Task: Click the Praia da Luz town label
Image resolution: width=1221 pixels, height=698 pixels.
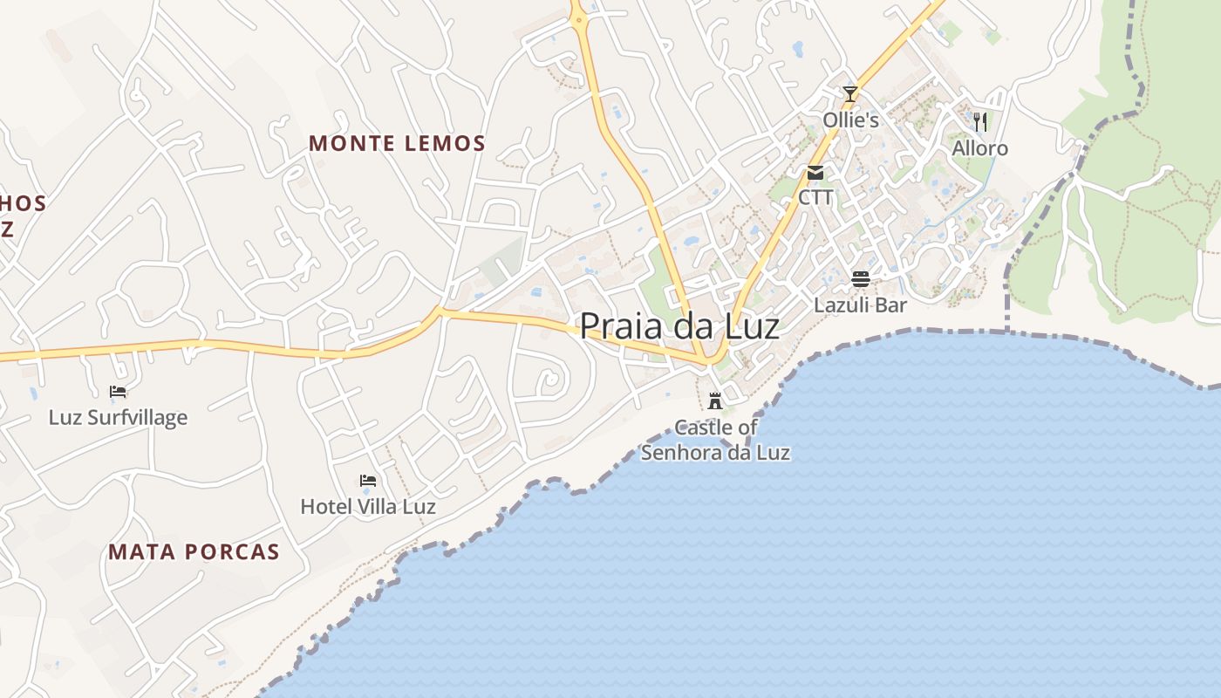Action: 679,325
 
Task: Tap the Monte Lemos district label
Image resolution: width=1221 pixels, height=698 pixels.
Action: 397,143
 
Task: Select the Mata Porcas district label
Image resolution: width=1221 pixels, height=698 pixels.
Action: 194,551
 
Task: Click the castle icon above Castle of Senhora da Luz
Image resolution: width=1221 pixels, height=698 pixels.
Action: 715,400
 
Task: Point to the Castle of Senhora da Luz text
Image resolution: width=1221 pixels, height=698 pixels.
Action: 715,440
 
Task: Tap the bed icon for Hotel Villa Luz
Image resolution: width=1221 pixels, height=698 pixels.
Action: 368,481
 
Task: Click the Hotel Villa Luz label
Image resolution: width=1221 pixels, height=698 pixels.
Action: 368,506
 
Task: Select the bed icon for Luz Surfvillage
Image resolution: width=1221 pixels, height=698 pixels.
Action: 118,392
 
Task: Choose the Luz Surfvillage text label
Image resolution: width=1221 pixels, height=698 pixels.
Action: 118,417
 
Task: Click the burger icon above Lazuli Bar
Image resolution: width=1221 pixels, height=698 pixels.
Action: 860,279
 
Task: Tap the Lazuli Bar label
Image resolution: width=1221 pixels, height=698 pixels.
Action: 860,305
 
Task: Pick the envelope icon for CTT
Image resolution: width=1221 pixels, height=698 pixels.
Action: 815,172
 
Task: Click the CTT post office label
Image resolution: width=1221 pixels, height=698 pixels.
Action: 815,197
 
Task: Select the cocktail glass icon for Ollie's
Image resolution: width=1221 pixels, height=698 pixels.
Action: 850,93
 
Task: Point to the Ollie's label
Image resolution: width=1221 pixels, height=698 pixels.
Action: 850,120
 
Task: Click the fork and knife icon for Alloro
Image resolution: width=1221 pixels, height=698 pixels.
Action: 979,121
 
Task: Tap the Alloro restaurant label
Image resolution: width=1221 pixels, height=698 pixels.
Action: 979,147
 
